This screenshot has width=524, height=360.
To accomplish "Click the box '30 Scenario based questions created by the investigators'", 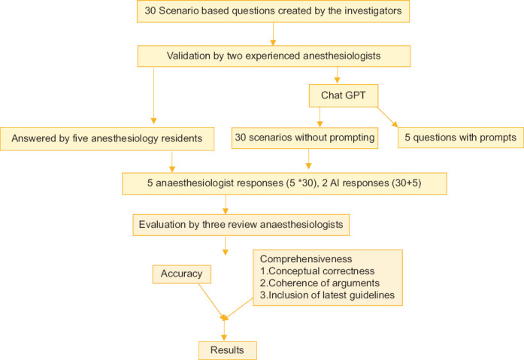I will [x=274, y=11].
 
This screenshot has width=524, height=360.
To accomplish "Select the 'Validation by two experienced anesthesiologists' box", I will [x=274, y=56].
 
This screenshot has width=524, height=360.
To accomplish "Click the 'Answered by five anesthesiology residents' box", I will [x=108, y=138].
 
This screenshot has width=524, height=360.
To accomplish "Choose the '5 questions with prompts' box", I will [x=461, y=138].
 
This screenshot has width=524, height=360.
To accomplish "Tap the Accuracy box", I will [x=181, y=274].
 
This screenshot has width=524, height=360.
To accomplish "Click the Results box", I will [x=227, y=350].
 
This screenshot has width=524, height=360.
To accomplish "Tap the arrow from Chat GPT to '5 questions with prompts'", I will [x=387, y=116].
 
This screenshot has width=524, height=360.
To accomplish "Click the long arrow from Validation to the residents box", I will [x=153, y=94].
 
